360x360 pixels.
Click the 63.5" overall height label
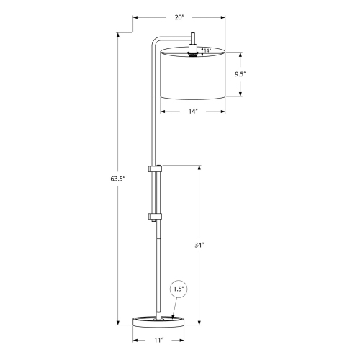click(x=119, y=177)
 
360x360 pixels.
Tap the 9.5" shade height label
click(x=240, y=73)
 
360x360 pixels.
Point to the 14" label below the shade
click(x=192, y=112)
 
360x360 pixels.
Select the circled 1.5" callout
click(x=179, y=289)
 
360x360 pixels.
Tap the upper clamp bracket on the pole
click(x=155, y=168)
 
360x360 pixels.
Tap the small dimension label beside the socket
click(x=207, y=50)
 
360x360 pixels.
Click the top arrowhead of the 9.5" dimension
click(x=240, y=52)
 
